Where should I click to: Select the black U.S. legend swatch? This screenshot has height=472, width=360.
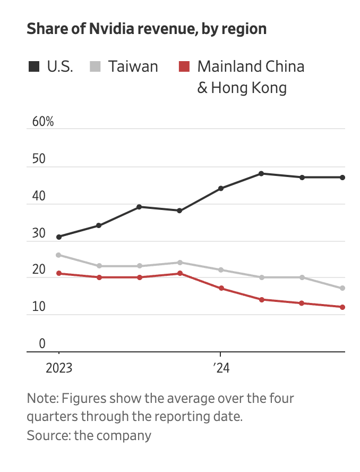tap(34, 67)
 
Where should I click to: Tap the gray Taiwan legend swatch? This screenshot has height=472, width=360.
tap(95, 67)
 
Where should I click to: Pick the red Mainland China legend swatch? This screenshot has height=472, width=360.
tap(184, 67)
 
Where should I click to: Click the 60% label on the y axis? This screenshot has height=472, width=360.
tap(43, 121)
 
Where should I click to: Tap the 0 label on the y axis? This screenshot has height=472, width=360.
tap(42, 343)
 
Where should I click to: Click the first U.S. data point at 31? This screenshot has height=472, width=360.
tap(58, 237)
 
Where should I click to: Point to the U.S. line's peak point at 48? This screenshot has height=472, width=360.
tap(261, 173)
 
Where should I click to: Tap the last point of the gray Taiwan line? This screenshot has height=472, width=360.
tap(342, 288)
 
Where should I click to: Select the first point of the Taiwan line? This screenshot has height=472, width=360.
tap(58, 255)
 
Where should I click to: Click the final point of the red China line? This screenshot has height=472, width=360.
tap(342, 307)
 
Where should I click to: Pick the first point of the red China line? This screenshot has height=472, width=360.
tap(58, 273)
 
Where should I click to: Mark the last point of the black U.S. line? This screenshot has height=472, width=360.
tap(342, 177)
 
